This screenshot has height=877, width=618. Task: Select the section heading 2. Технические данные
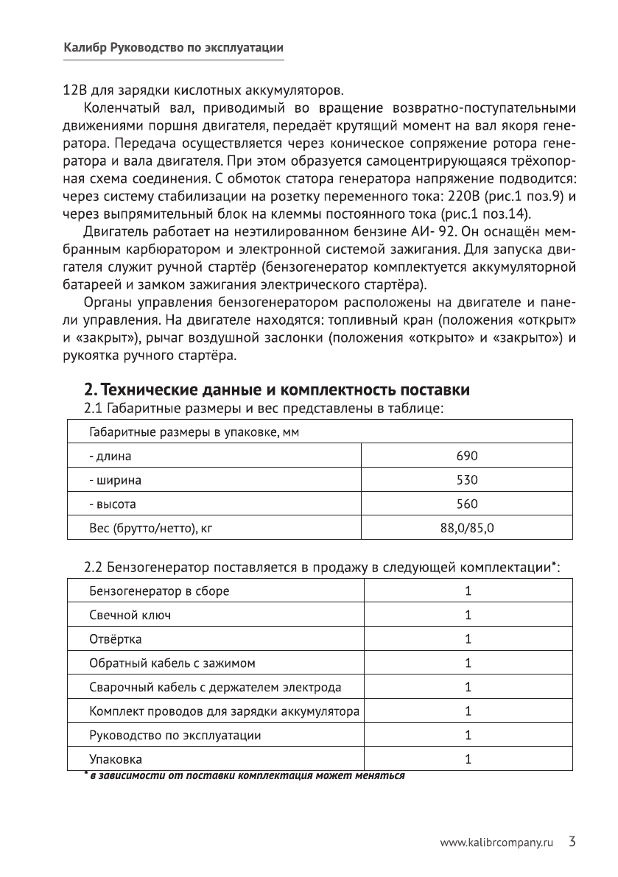(276, 389)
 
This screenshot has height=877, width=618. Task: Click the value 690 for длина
(467, 457)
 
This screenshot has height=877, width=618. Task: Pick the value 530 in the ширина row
(467, 480)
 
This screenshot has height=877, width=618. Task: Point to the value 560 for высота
(467, 504)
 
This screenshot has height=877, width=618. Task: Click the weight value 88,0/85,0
(467, 528)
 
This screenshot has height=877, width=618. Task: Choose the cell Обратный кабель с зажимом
(172, 663)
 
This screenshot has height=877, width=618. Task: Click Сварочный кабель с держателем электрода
(215, 687)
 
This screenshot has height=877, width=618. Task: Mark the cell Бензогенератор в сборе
(159, 591)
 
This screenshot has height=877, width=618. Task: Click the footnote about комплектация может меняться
(245, 775)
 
